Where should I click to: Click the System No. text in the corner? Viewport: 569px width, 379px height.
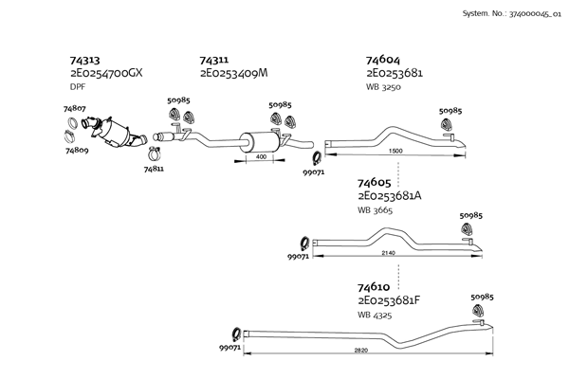pos(512,14)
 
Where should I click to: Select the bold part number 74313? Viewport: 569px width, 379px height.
pos(84,60)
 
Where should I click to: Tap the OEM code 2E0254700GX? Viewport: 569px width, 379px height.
pos(106,73)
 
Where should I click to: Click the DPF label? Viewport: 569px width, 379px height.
pos(78,87)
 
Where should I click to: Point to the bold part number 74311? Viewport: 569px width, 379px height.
pos(214,60)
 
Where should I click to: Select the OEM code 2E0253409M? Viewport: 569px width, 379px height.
pos(233,73)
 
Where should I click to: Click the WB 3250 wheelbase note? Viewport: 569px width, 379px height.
pos(383,87)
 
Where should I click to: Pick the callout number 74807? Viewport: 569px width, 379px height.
pos(74,108)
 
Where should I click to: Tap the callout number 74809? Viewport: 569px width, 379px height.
pos(77,150)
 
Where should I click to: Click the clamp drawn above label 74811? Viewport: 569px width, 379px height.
pos(155,153)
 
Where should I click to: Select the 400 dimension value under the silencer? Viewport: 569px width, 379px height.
pos(261,156)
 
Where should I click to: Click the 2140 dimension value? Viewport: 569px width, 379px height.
pos(388,253)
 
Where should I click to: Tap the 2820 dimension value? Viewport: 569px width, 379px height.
pos(361,350)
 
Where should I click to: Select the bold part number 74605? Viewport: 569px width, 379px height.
pos(375,183)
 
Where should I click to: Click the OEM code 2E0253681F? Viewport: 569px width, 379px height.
pos(389,300)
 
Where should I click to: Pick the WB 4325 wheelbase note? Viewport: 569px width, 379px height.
pos(375,315)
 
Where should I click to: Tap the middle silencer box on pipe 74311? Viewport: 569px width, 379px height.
pos(260,141)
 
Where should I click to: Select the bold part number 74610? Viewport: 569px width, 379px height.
pos(374,287)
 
